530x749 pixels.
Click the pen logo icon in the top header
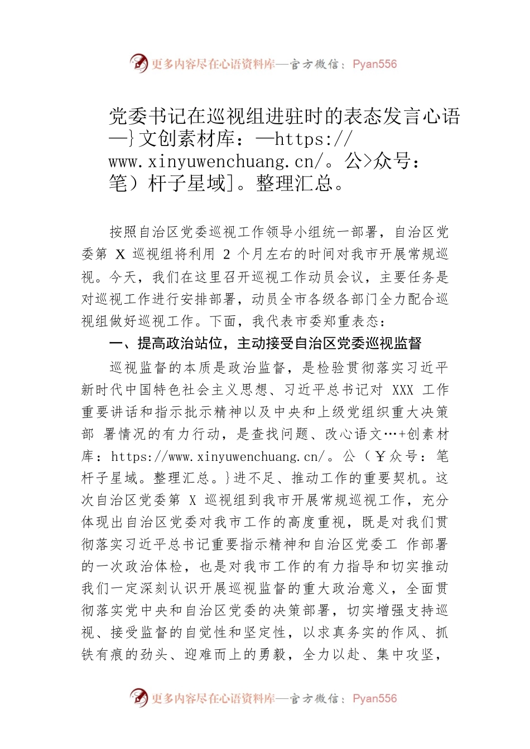(x=138, y=64)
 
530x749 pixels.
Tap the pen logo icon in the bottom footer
(x=138, y=698)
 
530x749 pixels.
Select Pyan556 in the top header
(x=375, y=64)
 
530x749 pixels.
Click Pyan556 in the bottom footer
(x=375, y=699)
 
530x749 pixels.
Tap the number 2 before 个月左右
(x=226, y=255)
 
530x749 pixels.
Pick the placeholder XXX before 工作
(x=403, y=390)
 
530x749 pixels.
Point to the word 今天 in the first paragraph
(x=123, y=277)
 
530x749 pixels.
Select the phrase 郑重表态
(x=349, y=322)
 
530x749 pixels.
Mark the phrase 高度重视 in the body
(x=317, y=522)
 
